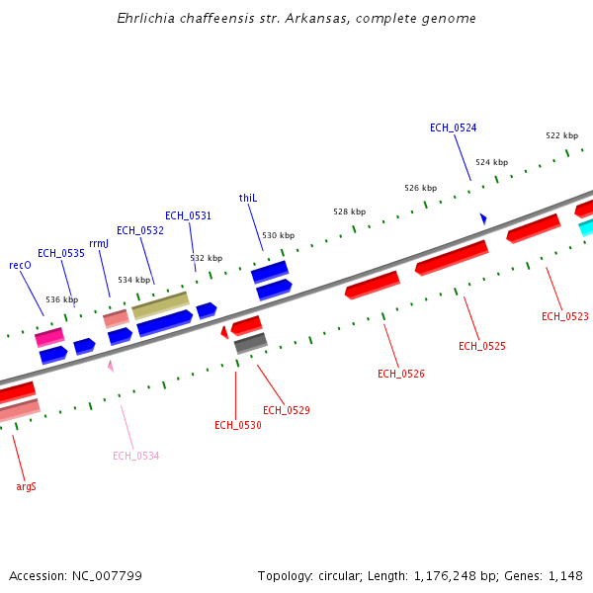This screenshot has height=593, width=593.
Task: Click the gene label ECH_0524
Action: [453, 128]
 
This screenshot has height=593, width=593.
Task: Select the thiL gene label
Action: [248, 199]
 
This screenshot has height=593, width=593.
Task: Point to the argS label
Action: [27, 486]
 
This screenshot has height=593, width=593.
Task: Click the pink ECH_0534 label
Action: [135, 456]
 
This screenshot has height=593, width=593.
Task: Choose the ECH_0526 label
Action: [401, 374]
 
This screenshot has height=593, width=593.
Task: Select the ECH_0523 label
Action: [564, 317]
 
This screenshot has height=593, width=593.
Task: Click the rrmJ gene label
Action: [99, 244]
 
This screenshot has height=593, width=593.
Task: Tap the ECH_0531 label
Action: [188, 215]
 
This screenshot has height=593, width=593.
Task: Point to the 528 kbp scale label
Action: [349, 212]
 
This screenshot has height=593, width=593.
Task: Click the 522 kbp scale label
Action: [561, 135]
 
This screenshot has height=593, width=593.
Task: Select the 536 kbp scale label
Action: [61, 299]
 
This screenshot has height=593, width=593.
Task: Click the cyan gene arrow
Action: [586, 228]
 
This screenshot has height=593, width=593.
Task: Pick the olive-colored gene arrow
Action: [160, 304]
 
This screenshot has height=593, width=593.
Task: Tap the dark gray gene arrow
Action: [250, 343]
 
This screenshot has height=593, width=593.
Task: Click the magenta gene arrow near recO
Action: [49, 336]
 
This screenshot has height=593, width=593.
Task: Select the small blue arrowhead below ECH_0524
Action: [483, 218]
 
